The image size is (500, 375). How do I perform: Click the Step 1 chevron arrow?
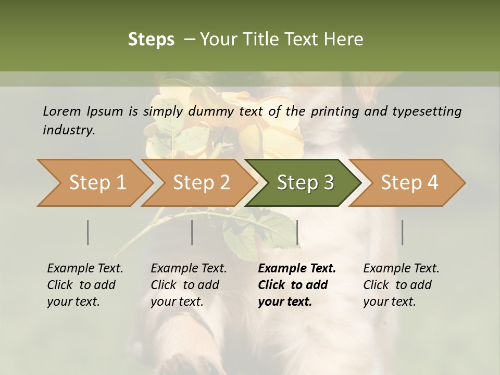tap(97, 183)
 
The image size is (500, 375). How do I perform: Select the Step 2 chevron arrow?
tap(201, 183)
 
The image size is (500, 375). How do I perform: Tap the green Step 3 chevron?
tap(305, 183)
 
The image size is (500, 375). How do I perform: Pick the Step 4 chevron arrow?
tap(409, 183)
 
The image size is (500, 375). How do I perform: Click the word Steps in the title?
tap(151, 39)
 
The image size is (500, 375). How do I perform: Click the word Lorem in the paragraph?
tap(61, 111)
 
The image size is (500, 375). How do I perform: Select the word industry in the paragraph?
tap(68, 130)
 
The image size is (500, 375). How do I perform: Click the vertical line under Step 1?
tap(88, 232)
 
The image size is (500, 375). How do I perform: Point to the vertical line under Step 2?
tap(192, 232)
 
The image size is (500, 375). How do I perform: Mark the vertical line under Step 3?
tap(297, 232)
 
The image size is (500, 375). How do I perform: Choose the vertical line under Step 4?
tap(402, 232)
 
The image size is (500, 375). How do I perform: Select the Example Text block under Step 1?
tap(85, 285)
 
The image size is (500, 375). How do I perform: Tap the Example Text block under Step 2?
tap(189, 285)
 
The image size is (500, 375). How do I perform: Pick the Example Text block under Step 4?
tap(401, 285)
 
